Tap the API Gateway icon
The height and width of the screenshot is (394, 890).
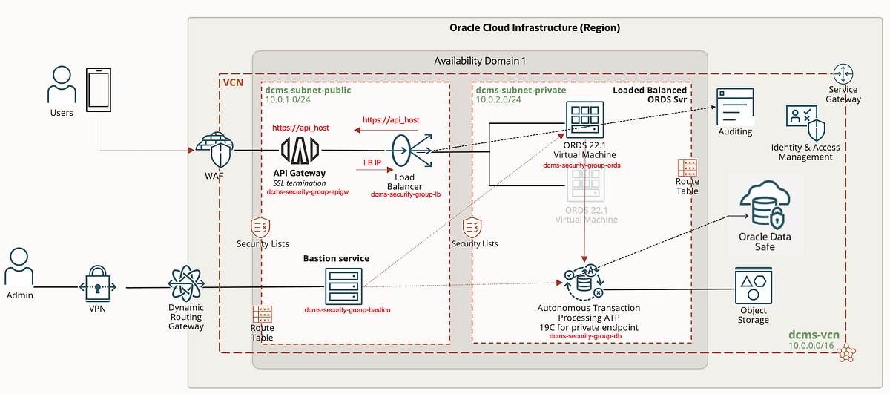click(x=300, y=151)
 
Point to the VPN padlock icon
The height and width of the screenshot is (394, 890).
click(x=97, y=286)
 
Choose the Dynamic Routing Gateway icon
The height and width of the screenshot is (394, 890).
click(x=185, y=286)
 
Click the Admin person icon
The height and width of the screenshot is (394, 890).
click(x=20, y=269)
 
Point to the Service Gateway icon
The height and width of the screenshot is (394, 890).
click(x=843, y=74)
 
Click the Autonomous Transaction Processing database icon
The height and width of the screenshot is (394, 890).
click(x=584, y=283)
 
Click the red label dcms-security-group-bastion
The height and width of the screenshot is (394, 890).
click(x=347, y=309)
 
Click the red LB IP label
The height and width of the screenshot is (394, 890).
click(x=372, y=162)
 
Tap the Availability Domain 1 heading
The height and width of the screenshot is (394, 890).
click(x=479, y=60)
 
